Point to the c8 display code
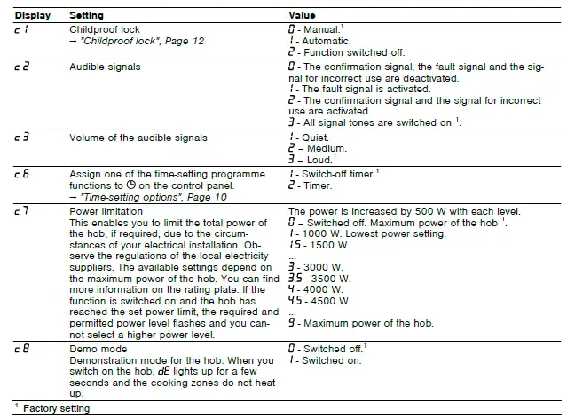point(21,349)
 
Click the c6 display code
point(21,174)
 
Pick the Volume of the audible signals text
point(138,138)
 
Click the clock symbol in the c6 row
point(131,185)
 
